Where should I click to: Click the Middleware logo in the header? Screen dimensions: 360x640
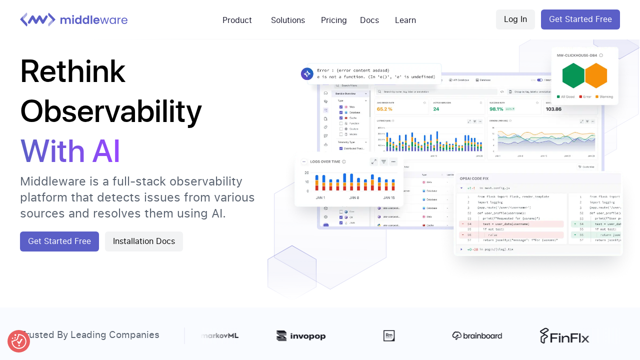point(74,20)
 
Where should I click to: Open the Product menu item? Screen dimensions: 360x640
point(237,20)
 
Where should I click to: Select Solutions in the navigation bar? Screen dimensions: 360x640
point(288,20)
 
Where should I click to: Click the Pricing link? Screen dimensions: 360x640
point(333,20)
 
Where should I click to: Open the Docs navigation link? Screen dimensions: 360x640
point(369,20)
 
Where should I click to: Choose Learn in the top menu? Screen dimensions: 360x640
point(405,20)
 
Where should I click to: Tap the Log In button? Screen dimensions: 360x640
point(515,19)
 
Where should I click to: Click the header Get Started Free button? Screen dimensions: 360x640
point(580,19)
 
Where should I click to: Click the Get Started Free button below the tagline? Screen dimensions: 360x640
point(59,241)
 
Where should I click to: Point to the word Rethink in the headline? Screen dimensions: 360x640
point(72,71)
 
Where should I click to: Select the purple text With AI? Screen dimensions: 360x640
point(70,151)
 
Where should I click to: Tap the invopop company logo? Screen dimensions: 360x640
point(301,336)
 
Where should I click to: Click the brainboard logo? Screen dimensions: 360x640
point(477,335)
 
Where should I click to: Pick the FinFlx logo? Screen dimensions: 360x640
point(564,336)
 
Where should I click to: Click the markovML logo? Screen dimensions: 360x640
point(220,335)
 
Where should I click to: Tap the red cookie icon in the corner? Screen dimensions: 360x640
point(18,341)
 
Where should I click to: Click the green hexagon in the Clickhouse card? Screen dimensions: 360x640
point(573,75)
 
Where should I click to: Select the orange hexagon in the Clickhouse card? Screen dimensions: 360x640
point(596,75)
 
